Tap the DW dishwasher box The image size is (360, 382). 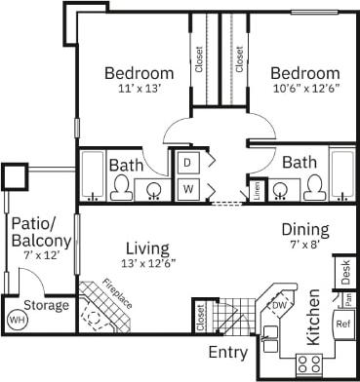click(x=278, y=306)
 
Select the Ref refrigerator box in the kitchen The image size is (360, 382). click(x=342, y=324)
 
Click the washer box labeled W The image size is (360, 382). click(x=186, y=186)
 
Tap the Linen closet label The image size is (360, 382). click(x=257, y=190)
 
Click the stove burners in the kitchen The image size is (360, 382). click(x=309, y=363)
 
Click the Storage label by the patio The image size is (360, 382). click(x=47, y=305)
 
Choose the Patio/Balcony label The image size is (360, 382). click(x=40, y=233)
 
